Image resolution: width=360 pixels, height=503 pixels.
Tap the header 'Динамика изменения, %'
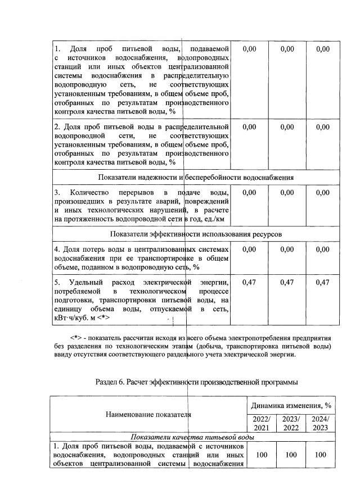tap(291, 405)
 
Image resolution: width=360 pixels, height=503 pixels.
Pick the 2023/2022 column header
tap(291, 423)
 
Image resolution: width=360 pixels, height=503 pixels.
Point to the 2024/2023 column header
tap(321, 423)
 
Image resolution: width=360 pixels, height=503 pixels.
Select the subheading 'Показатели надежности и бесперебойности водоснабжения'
tap(196, 178)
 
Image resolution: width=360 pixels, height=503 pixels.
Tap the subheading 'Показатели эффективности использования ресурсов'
tap(196, 233)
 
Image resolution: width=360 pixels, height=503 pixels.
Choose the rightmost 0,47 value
tap(322, 282)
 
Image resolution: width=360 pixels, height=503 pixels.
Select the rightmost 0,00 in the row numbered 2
tap(322, 127)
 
